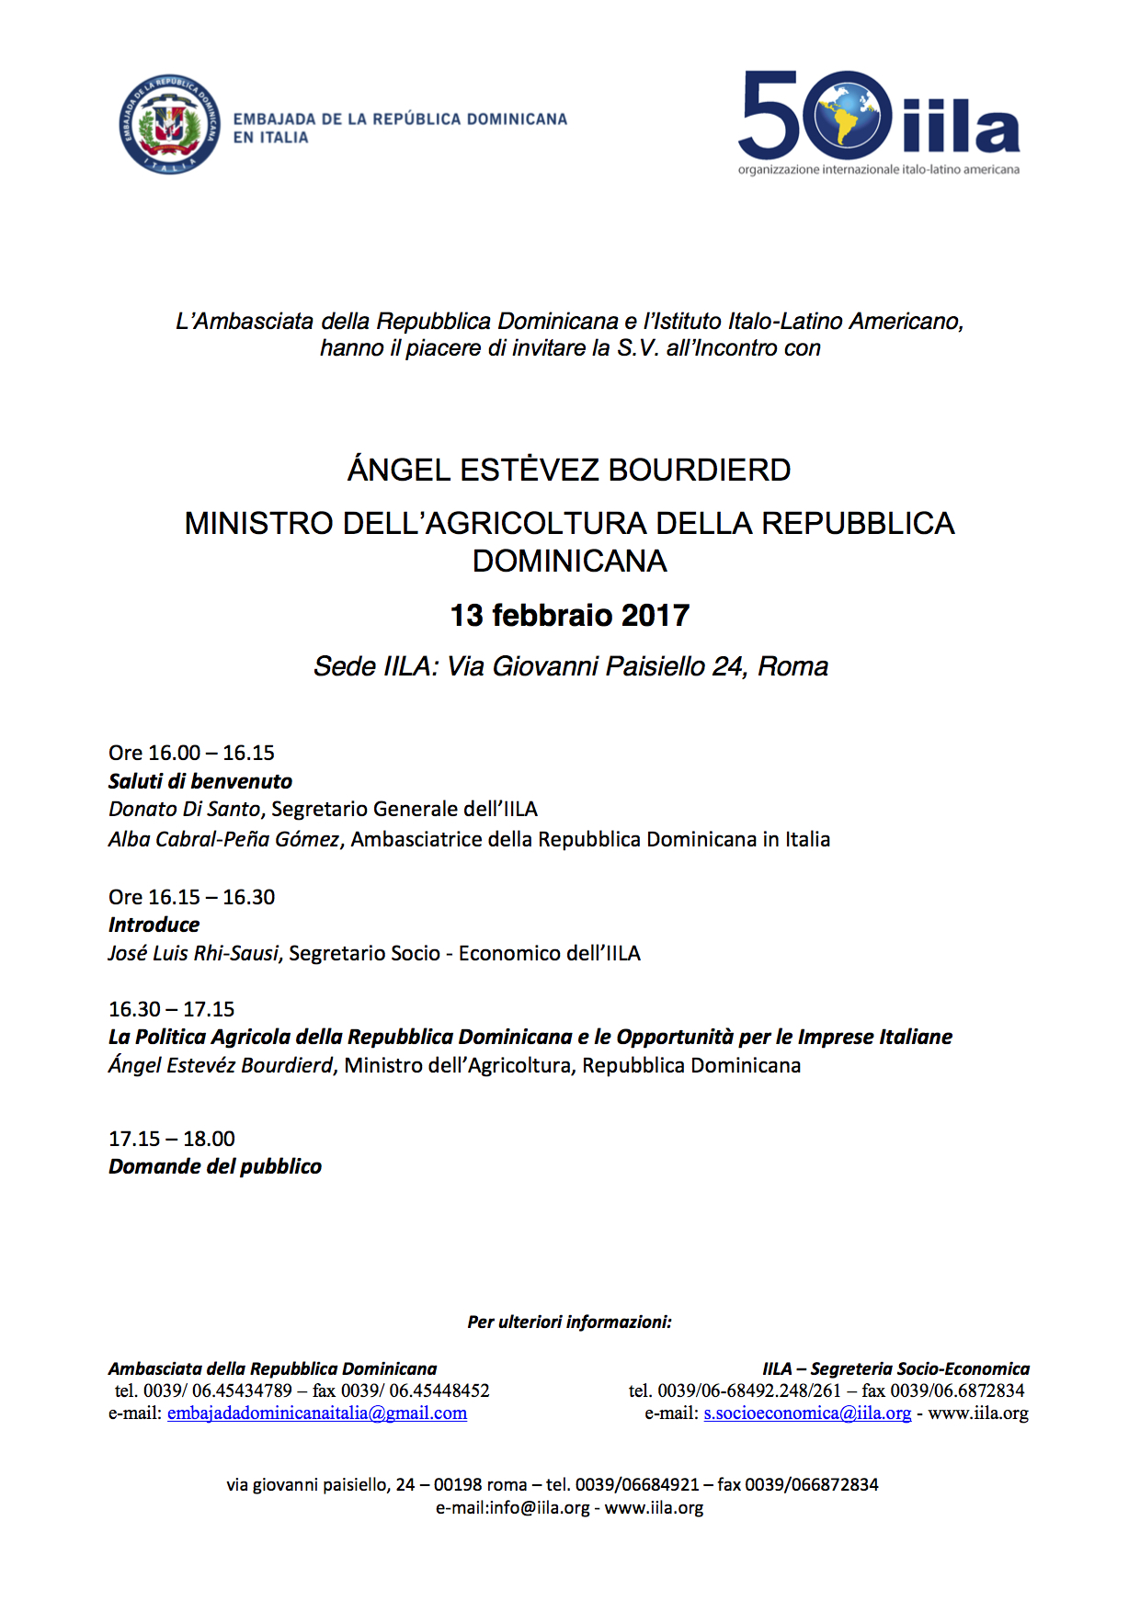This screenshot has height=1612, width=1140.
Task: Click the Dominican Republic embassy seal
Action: click(x=170, y=125)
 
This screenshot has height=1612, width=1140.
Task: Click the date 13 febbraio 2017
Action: click(x=569, y=615)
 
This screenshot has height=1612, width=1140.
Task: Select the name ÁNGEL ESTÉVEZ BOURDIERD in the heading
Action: click(x=569, y=470)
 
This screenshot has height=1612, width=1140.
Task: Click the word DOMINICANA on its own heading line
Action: click(x=569, y=561)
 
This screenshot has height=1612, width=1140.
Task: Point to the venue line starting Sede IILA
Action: click(x=570, y=666)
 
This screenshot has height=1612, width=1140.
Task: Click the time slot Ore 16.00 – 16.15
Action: click(x=191, y=753)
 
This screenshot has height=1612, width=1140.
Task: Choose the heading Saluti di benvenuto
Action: click(x=199, y=781)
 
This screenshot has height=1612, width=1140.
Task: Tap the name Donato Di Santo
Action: click(x=184, y=809)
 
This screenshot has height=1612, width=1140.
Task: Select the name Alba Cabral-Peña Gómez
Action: click(x=223, y=839)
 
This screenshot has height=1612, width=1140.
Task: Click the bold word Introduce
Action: click(x=154, y=925)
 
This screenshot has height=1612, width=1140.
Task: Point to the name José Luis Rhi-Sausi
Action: click(x=193, y=953)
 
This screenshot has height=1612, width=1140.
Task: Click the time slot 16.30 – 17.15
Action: click(x=171, y=1009)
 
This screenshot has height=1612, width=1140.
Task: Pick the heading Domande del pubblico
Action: click(x=214, y=1166)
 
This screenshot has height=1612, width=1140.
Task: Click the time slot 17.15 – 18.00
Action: click(x=171, y=1139)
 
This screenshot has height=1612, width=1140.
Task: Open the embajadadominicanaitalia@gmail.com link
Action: click(x=316, y=1413)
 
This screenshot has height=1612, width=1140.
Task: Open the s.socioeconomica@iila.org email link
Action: click(x=807, y=1413)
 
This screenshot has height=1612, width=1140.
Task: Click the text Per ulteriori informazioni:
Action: click(x=569, y=1323)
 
